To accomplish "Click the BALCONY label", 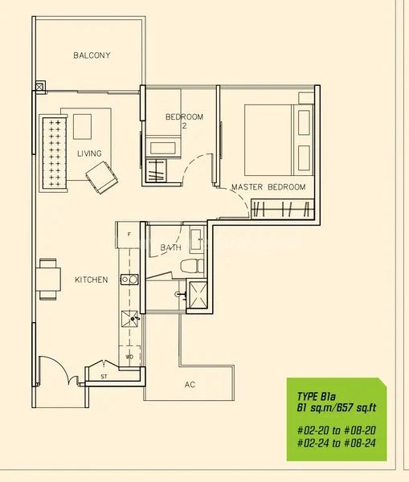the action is (x=92, y=55).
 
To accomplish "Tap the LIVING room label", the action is (x=89, y=153).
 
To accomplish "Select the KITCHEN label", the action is (x=92, y=280).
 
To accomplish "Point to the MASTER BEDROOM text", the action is (x=268, y=187).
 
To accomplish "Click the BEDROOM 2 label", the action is (x=184, y=120).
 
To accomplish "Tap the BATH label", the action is (x=170, y=247).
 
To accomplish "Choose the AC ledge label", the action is (x=190, y=385).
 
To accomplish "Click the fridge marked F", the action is (x=128, y=235).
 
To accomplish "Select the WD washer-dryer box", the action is (x=129, y=357).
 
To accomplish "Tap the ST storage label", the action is (x=104, y=376).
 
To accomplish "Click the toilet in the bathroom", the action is (x=192, y=266).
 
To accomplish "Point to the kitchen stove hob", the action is (x=129, y=280).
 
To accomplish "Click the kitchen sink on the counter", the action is (x=129, y=319).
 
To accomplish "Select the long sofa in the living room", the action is (x=53, y=153).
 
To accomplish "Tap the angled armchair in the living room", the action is (x=102, y=178).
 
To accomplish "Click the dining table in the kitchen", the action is (x=48, y=280).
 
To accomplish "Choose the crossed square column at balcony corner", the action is (x=39, y=87).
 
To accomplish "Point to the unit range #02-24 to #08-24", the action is (x=337, y=443).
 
